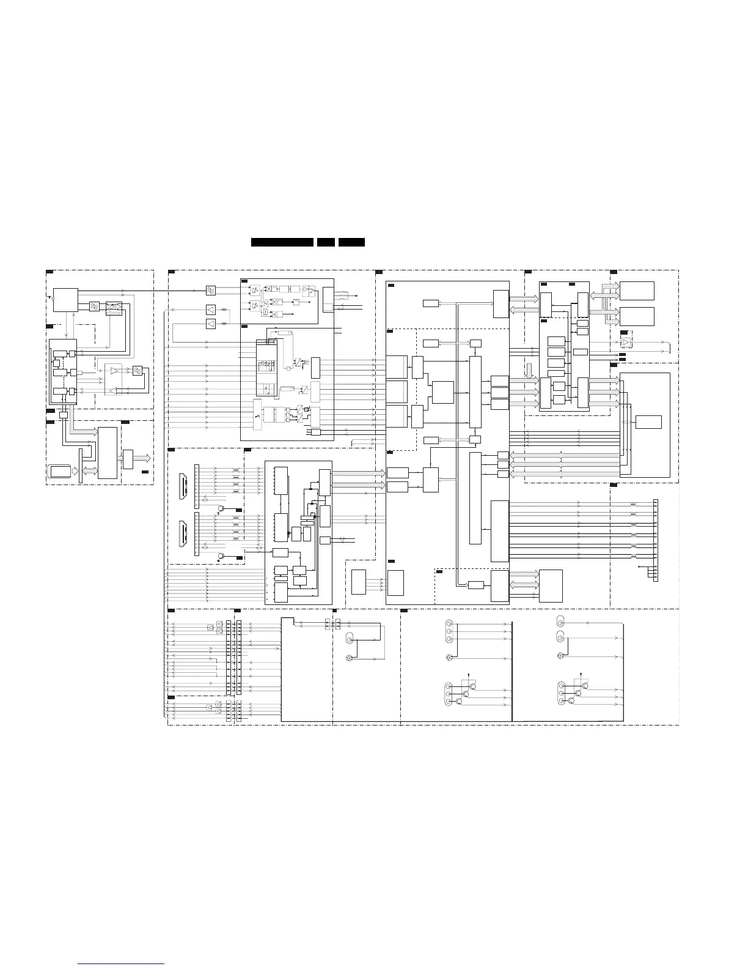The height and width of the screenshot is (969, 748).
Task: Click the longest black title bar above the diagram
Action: tap(282, 242)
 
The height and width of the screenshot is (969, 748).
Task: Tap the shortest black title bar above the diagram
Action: tap(326, 242)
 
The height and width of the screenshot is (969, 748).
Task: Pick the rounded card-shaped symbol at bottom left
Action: tap(59, 472)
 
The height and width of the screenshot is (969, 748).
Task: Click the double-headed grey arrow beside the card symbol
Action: tap(89, 470)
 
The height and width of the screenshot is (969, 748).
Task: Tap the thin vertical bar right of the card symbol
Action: tap(80, 465)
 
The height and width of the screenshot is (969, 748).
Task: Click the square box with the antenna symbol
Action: tap(65, 299)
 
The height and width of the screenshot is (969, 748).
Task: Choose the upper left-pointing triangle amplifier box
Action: tap(211, 310)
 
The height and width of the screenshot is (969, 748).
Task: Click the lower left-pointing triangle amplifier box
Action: tap(211, 323)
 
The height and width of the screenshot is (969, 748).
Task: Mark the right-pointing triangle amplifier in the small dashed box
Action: tap(626, 343)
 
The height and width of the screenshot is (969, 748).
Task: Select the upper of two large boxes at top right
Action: tap(637, 291)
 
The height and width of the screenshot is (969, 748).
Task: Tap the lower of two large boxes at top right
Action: tap(637, 316)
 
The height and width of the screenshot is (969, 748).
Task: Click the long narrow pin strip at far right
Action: tap(656, 540)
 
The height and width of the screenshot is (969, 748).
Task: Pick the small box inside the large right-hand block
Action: tap(648, 422)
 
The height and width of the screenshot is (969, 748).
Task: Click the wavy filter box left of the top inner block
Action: tap(211, 290)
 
